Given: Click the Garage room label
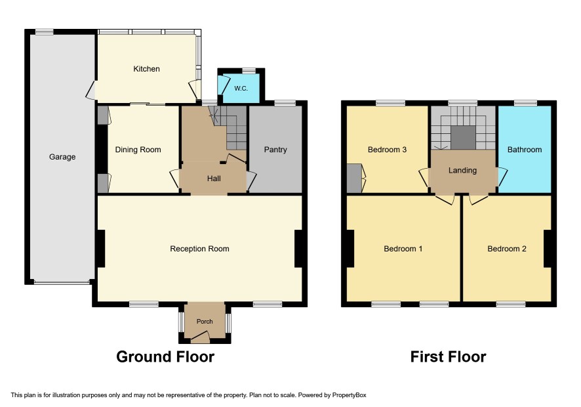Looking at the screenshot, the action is tap(62, 157).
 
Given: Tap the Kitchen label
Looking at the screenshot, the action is tap(146, 69).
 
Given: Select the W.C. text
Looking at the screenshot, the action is tap(241, 89).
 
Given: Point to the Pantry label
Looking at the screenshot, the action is tap(275, 150).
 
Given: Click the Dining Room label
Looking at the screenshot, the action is tap(138, 150).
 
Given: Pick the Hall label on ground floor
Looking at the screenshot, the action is tap(214, 179).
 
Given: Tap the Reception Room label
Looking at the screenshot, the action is tap(199, 249).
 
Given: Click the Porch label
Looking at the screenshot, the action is tap(205, 322).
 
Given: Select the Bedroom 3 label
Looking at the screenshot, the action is tap(387, 150).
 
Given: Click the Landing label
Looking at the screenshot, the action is tap(462, 170).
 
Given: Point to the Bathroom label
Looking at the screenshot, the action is tap(525, 150).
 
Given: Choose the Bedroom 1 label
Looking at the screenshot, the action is tap(403, 249).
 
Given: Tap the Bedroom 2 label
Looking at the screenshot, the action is tap(506, 249).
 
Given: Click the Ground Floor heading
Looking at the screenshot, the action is tap(165, 356).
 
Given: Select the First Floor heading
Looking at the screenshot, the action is tap(448, 356).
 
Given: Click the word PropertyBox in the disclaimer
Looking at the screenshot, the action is tap(349, 395).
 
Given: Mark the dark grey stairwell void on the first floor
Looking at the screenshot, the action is tap(463, 137).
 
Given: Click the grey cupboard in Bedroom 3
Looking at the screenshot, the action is tap(354, 179).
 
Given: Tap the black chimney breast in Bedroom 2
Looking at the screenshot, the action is tap(548, 249).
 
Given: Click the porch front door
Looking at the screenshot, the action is tap(200, 336).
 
